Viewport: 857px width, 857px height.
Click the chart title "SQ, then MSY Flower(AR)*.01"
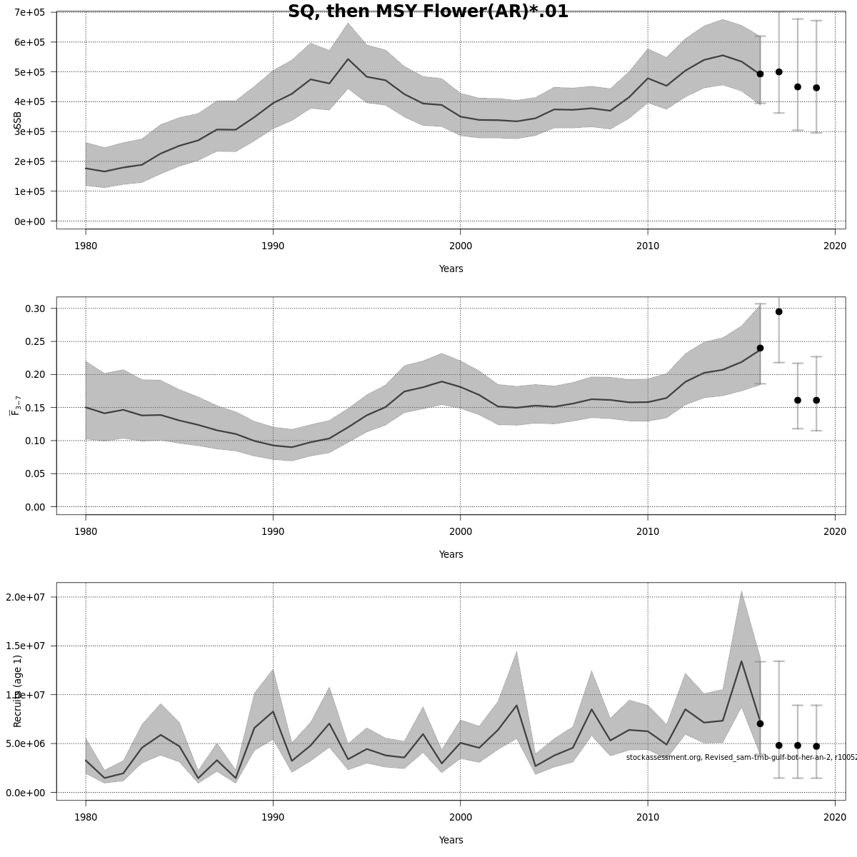[x=428, y=11]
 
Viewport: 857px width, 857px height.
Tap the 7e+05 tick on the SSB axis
[x=29, y=12]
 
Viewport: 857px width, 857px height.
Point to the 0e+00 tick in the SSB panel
[x=29, y=221]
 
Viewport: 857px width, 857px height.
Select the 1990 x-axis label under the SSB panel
[x=273, y=246]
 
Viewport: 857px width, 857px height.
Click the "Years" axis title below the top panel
[x=451, y=269]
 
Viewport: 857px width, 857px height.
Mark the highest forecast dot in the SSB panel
[x=778, y=72]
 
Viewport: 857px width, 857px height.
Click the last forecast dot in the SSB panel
[x=816, y=88]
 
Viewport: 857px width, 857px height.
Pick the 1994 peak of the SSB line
[x=348, y=59]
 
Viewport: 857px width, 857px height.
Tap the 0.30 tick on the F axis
[x=36, y=309]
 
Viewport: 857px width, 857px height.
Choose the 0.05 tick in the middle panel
[x=36, y=474]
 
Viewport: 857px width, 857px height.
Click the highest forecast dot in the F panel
[x=778, y=311]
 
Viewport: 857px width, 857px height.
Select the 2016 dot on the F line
[x=760, y=348]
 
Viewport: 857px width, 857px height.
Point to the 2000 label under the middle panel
[x=460, y=532]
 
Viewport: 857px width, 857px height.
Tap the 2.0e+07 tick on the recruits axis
[x=29, y=597]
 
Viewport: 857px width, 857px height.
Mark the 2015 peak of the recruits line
[x=741, y=661]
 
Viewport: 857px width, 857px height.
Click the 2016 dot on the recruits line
[x=760, y=723]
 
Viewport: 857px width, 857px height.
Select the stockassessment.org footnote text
[x=741, y=757]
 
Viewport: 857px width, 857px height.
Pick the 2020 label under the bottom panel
[x=835, y=818]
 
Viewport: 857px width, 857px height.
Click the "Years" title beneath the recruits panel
[x=451, y=841]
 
